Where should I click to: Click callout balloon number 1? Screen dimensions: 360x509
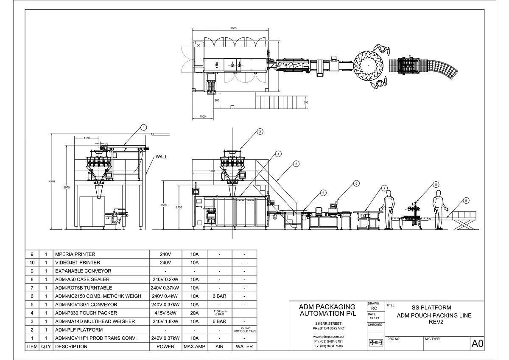click(143, 127)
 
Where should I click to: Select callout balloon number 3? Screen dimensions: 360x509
click(260, 132)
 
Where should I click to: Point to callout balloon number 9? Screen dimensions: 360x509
click(466, 200)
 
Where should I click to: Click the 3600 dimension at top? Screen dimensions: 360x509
click(233, 28)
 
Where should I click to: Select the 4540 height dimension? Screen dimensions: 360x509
click(52, 181)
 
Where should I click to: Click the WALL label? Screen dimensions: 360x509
click(161, 157)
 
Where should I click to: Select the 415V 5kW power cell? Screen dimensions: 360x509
click(165, 313)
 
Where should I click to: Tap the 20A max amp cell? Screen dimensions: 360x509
click(194, 313)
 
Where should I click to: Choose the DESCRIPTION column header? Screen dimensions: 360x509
click(71, 346)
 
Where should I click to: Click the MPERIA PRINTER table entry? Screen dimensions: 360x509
click(75, 254)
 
